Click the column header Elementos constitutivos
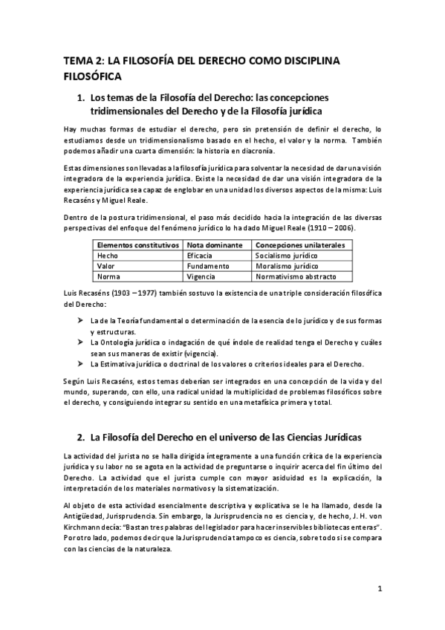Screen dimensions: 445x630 click(x=138, y=244)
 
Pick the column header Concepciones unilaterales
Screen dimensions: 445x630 click(x=294, y=244)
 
